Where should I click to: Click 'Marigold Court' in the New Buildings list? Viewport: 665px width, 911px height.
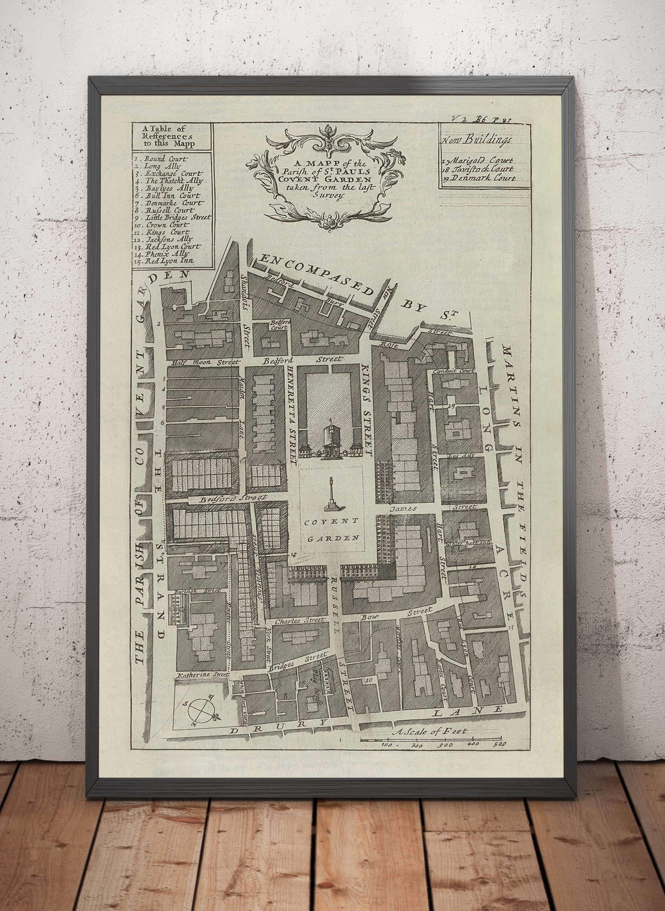point(481,161)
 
